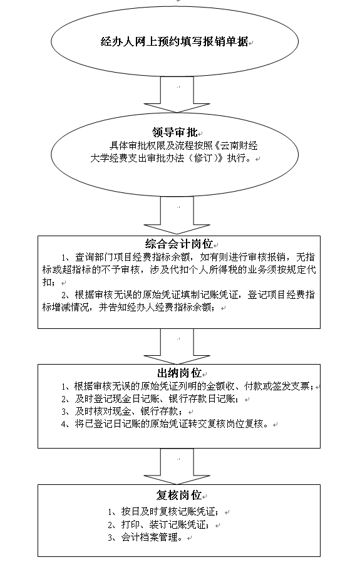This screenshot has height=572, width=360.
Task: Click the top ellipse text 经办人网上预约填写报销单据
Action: point(174,41)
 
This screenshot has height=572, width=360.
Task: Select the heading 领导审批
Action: point(175,132)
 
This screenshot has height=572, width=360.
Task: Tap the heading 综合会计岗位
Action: point(179,243)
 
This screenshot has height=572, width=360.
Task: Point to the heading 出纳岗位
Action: point(179,373)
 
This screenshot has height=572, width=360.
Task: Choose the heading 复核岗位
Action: point(179,495)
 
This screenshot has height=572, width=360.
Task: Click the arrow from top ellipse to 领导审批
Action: point(177,94)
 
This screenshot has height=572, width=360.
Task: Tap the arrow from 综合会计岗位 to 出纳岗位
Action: point(177,346)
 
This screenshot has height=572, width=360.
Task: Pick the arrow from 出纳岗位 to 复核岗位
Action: point(177,467)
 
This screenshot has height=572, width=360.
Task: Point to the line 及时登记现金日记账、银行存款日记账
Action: point(150,398)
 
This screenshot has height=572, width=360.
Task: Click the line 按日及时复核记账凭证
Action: point(163,512)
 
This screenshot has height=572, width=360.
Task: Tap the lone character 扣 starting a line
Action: point(46,283)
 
